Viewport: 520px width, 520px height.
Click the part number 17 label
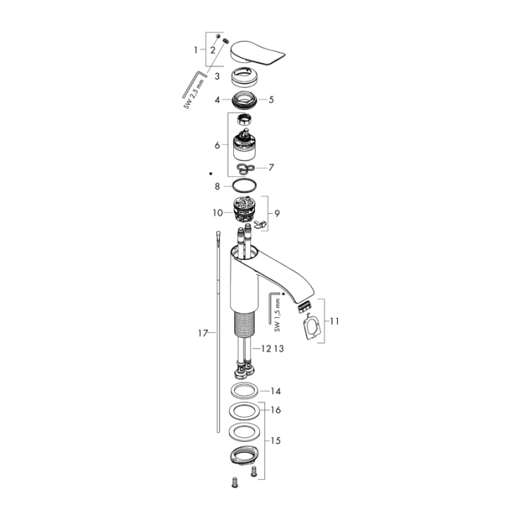(202, 334)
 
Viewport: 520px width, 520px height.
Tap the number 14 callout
(276, 391)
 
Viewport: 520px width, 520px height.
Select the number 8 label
(217, 186)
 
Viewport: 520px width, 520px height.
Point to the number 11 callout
(334, 321)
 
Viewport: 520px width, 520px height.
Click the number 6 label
(217, 146)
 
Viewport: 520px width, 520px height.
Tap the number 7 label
(271, 167)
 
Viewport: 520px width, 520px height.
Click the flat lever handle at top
(259, 53)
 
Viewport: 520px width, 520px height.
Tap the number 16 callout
(276, 409)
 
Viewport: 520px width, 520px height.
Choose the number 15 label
(276, 441)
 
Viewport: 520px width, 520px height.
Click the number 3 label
(217, 76)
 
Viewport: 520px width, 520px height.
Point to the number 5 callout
(271, 99)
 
